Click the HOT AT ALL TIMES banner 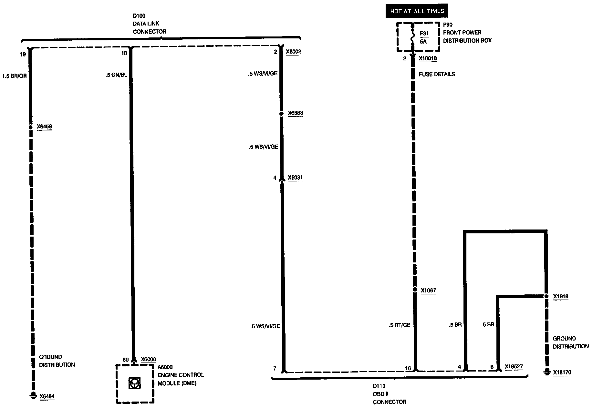tap(417, 11)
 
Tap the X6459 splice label tap(44, 127)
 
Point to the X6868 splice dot tap(281, 114)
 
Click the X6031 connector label tap(295, 178)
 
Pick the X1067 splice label tap(428, 291)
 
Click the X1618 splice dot tap(546, 296)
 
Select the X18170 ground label tap(562, 372)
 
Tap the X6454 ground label tap(47, 396)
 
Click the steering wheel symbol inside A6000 tap(134, 383)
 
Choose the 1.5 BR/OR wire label tap(14, 76)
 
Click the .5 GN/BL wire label tap(116, 75)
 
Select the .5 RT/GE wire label tap(400, 325)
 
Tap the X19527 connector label tap(514, 367)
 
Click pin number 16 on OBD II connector tap(408, 368)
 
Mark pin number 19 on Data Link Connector tap(23, 54)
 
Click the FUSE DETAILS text tap(437, 74)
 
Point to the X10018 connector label tap(428, 59)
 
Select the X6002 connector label tap(293, 52)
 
